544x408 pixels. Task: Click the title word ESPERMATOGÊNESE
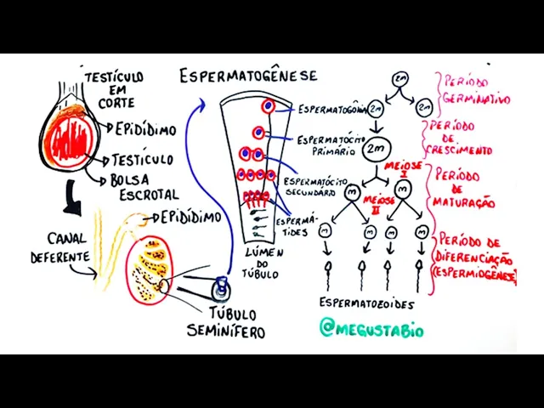pos(248,76)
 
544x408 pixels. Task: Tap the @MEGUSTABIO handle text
pos(371,327)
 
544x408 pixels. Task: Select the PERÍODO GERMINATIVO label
pos(474,90)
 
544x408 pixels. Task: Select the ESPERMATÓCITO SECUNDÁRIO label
pos(314,187)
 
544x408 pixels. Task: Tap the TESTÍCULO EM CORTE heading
pos(114,88)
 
